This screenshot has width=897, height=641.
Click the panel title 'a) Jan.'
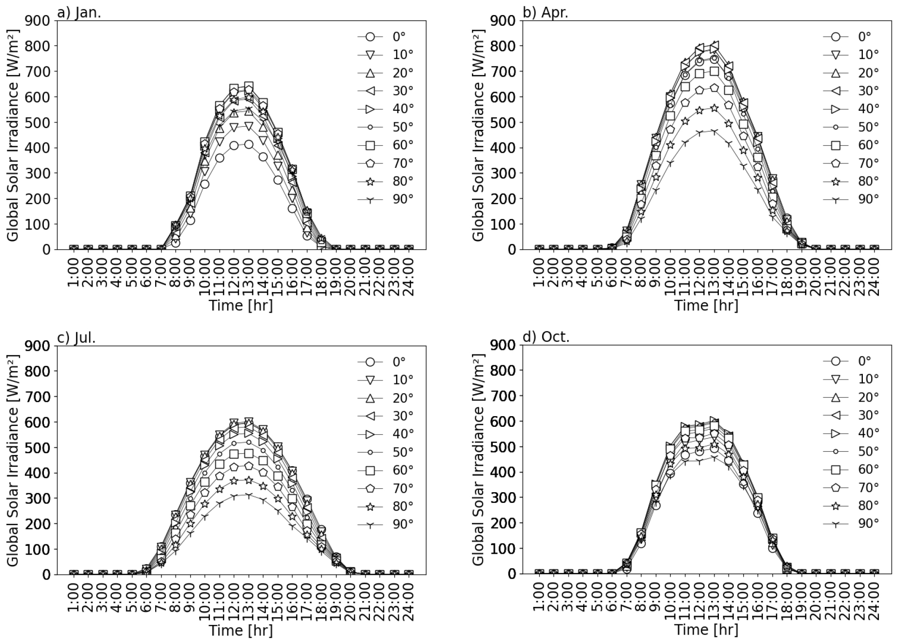point(79,12)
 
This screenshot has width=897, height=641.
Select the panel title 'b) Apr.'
point(545,12)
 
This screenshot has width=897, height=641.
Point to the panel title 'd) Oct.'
point(546,337)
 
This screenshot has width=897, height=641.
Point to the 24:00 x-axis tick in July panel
point(409,600)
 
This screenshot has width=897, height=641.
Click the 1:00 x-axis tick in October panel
point(539,600)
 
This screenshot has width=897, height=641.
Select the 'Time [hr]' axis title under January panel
point(241,306)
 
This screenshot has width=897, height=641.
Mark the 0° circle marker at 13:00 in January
point(249,144)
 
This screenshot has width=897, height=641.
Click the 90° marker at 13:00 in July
point(249,495)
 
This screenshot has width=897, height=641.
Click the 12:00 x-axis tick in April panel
point(700,274)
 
